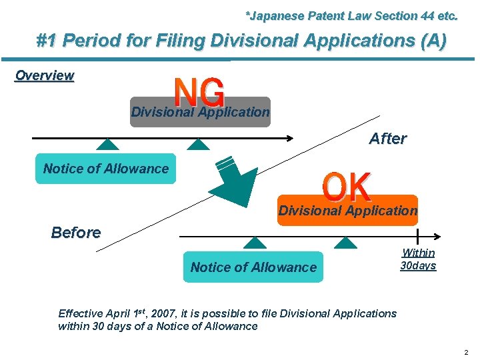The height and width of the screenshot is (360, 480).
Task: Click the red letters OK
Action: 347,187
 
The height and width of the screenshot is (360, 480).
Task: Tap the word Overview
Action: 45,75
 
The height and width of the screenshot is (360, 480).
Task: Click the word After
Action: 387,139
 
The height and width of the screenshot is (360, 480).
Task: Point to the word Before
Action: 76,233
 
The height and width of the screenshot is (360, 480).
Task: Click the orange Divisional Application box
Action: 347,211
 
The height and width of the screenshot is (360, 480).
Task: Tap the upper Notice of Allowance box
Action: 106,169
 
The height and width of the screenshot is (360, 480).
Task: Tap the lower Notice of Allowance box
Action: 253,267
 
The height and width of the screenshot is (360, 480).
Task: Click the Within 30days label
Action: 418,259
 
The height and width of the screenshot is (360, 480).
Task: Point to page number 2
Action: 466,352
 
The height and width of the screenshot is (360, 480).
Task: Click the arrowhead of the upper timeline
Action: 291,138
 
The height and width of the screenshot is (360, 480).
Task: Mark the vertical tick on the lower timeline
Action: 418,236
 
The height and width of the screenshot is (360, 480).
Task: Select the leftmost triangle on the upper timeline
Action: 107,144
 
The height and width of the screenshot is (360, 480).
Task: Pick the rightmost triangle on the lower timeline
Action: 345,243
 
